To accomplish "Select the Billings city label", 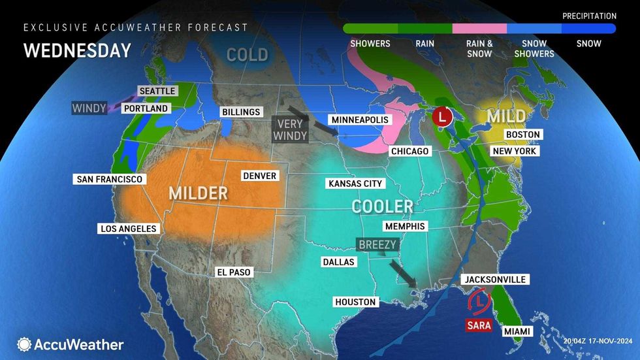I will (240, 112).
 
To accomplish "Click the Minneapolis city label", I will (360, 120).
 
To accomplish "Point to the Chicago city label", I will (409, 152).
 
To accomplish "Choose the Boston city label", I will (523, 135).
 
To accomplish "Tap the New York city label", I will (514, 151).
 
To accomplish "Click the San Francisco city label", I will (109, 179).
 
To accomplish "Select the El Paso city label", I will (233, 272).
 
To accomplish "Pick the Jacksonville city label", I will (494, 280).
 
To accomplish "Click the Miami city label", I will (517, 332).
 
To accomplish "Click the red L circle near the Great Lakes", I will (443, 118).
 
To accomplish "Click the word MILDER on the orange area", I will (198, 193).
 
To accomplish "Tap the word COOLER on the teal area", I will (382, 206).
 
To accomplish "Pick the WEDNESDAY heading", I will (77, 50).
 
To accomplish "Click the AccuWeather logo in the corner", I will (71, 344).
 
